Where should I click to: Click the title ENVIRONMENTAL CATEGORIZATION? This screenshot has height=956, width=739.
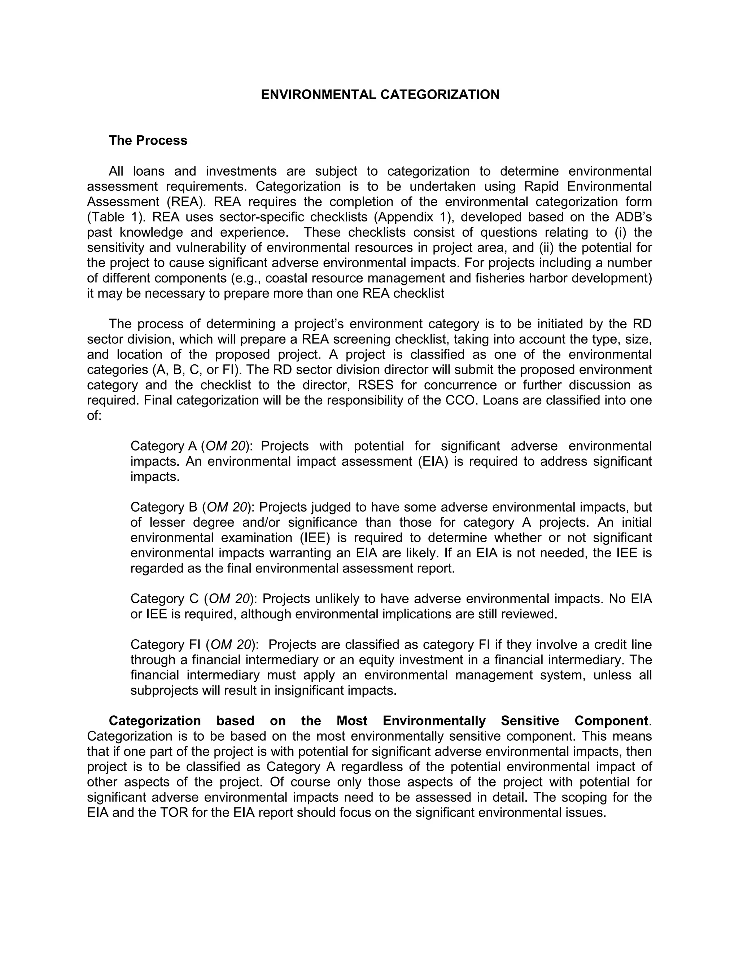click(380, 95)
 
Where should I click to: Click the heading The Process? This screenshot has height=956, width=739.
click(148, 140)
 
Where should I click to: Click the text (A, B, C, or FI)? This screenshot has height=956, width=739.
click(197, 370)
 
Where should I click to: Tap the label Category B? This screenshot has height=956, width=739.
click(164, 507)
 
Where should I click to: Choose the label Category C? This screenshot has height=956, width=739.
click(165, 599)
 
